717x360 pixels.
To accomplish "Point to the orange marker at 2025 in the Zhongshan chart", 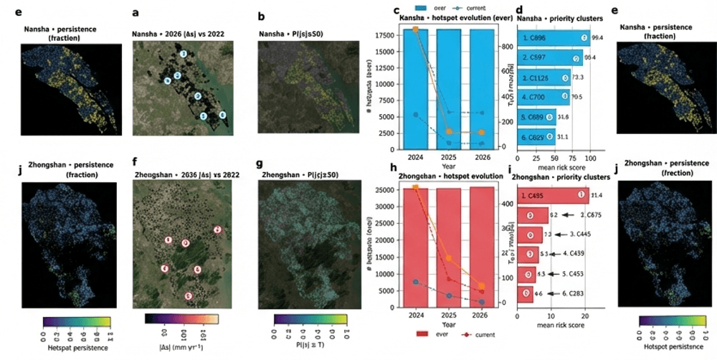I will point(449,258).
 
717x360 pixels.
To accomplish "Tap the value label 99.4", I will point(597,37).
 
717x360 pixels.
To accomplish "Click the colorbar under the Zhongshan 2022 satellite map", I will point(181,321).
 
